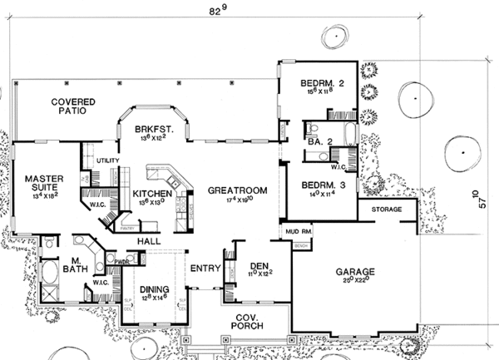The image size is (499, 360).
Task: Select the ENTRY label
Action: click(x=204, y=268)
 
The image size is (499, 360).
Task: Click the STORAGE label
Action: click(x=387, y=208)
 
